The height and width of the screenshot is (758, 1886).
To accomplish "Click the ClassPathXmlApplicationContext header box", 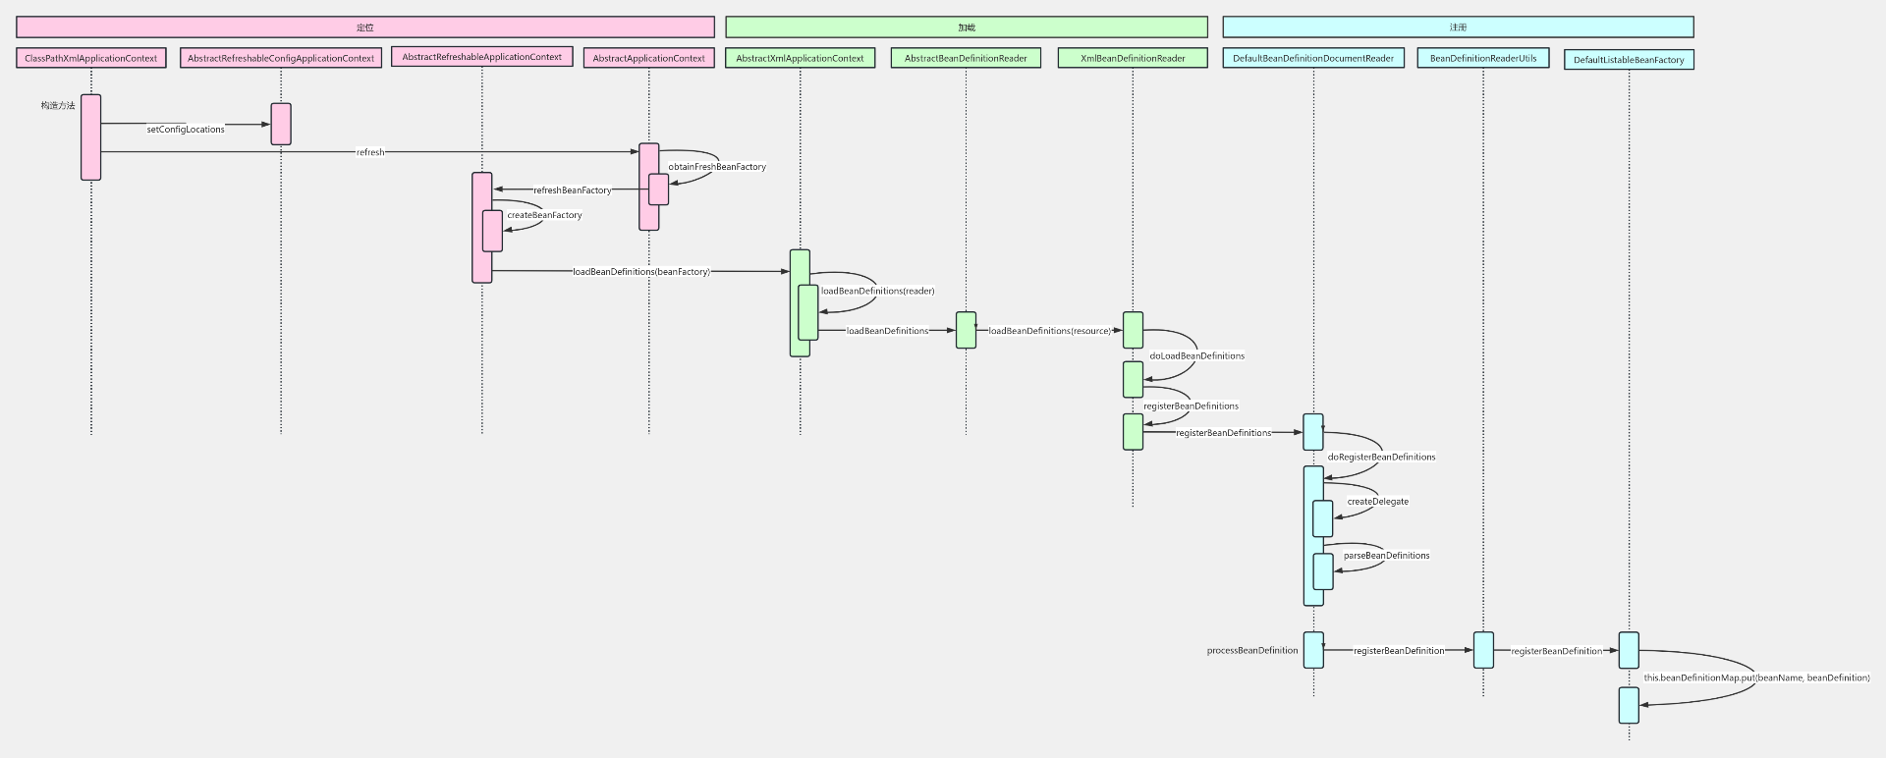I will [x=90, y=58].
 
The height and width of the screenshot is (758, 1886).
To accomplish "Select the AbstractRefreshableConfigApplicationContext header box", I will [x=281, y=58].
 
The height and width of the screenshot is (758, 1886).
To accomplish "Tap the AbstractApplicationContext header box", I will [x=648, y=58].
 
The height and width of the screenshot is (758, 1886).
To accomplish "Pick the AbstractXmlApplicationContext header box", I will [x=800, y=58].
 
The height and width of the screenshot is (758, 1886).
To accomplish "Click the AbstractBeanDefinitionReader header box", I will [x=966, y=58].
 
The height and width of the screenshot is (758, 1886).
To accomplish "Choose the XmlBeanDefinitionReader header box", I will [x=1133, y=58].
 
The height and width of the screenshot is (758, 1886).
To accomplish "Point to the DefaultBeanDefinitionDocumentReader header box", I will [x=1313, y=58].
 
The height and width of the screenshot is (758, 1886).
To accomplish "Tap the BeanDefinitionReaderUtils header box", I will [x=1483, y=58].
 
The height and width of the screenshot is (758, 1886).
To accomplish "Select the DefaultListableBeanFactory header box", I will [x=1629, y=60].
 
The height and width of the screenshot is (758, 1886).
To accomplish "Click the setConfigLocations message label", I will [x=186, y=130].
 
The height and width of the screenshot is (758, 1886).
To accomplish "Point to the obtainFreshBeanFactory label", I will [x=717, y=167].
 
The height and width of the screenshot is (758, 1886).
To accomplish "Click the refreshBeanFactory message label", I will [x=572, y=190].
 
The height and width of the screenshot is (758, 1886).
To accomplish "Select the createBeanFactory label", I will [x=544, y=215].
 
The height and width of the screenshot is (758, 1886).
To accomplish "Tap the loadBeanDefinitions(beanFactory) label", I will [x=640, y=272].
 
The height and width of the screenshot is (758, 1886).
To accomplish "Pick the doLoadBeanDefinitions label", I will [x=1196, y=355].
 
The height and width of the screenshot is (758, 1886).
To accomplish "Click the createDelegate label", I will [x=1377, y=502].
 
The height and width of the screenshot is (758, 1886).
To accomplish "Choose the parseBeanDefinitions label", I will [x=1386, y=556].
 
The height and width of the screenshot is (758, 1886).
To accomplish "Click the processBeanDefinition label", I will [x=1251, y=651].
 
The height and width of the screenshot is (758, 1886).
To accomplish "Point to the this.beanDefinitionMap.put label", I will [x=1756, y=677].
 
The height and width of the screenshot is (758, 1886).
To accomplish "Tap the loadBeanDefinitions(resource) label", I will [x=1049, y=331].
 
